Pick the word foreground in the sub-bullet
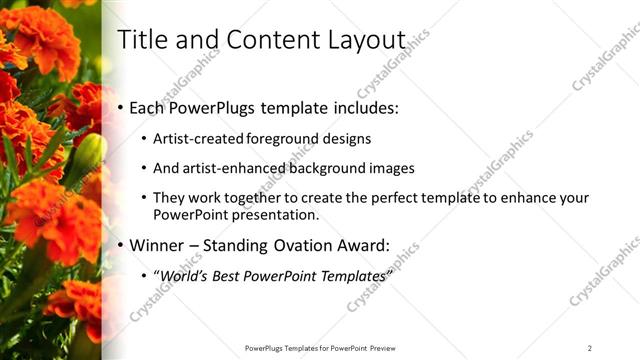(283, 139)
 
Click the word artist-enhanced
(232, 169)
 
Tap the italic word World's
(183, 275)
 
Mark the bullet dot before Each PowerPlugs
(122, 107)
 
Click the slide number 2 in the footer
(590, 348)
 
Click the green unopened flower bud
(88, 155)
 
